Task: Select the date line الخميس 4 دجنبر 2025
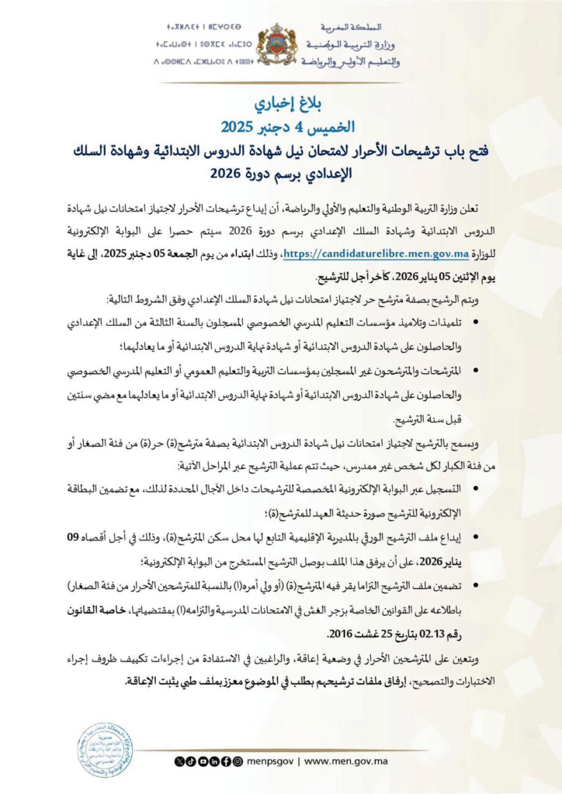281,126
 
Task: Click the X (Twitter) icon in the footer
179,761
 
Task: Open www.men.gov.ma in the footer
342,761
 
